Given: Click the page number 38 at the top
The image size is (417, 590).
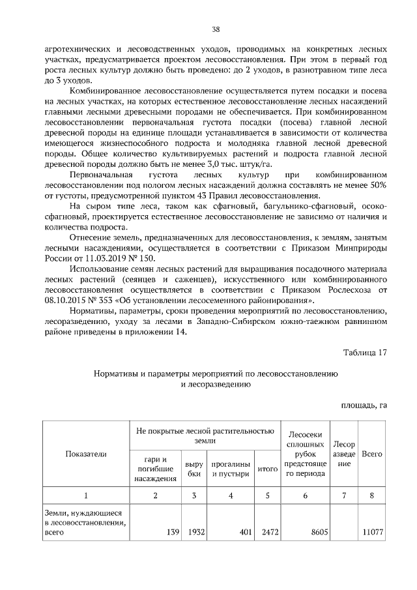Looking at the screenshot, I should click(215, 29).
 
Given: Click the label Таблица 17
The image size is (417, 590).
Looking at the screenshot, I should click(365, 352).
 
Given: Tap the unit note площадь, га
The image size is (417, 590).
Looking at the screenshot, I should click(364, 405).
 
